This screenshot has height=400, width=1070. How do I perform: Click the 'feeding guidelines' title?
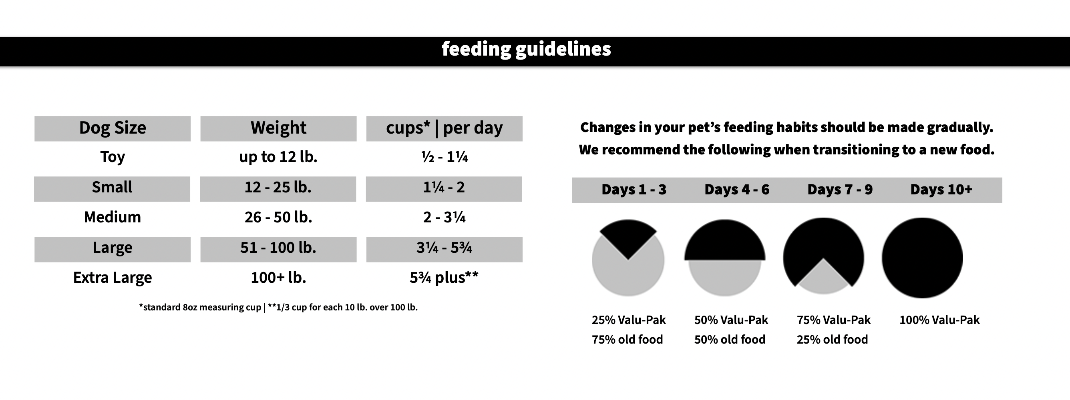point(526,49)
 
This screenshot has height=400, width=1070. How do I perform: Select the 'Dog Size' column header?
point(112,128)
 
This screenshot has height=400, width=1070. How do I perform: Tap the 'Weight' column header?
point(278,128)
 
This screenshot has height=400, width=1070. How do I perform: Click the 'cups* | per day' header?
point(444,128)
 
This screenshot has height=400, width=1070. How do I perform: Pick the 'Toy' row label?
point(112,157)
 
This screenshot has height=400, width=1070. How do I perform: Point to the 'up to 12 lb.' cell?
point(278,157)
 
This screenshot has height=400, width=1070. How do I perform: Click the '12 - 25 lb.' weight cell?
point(278,188)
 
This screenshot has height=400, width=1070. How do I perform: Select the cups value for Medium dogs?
point(444,218)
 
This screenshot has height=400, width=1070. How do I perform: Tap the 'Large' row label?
point(112,248)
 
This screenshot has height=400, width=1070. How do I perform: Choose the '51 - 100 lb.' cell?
point(278,248)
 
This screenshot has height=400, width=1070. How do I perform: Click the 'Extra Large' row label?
point(112,278)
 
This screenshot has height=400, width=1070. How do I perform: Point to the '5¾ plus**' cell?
point(444,278)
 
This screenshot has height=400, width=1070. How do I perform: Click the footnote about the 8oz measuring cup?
point(278,308)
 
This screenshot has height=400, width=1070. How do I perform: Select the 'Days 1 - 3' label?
point(634,190)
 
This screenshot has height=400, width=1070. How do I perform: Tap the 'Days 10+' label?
point(941,190)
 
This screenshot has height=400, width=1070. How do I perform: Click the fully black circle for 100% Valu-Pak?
point(922,258)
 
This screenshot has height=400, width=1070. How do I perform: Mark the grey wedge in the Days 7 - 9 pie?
point(823,280)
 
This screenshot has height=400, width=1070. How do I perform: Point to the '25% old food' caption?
point(832,340)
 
